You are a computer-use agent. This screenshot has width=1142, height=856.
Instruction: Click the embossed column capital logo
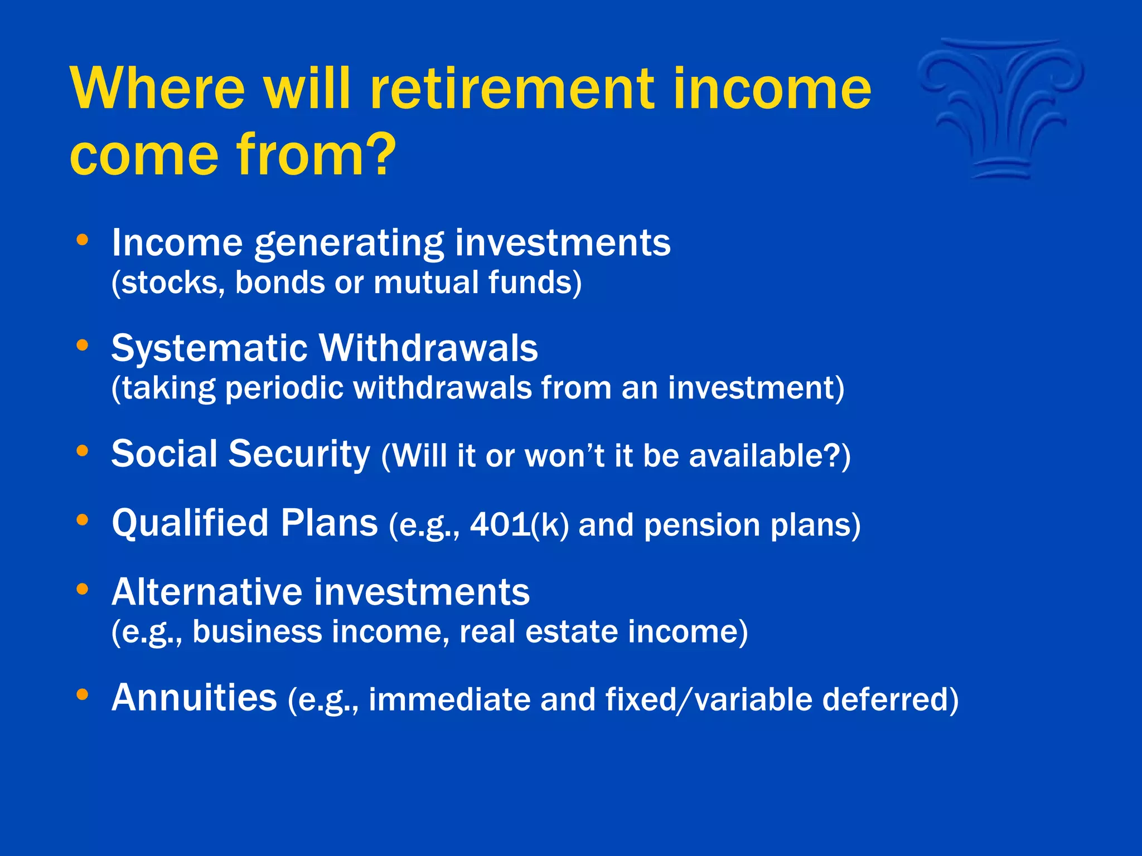tap(1001, 109)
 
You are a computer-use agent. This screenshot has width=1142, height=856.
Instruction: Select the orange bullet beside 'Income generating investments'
tap(83, 240)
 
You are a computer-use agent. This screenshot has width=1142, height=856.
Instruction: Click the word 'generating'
tap(349, 244)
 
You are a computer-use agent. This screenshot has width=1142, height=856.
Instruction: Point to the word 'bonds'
tap(280, 283)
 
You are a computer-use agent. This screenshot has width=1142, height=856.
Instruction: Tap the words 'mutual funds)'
tap(477, 283)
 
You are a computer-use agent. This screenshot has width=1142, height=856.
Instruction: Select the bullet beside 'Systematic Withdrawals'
tap(83, 346)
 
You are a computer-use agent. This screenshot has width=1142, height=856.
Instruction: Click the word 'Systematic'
tap(209, 349)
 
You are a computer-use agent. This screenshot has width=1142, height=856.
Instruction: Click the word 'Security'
tap(299, 454)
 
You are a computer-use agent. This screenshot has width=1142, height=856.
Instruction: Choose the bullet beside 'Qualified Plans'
tap(83, 520)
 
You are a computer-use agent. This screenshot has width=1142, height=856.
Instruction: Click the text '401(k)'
tap(519, 525)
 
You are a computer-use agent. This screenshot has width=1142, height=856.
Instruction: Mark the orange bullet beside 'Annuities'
tap(83, 694)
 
